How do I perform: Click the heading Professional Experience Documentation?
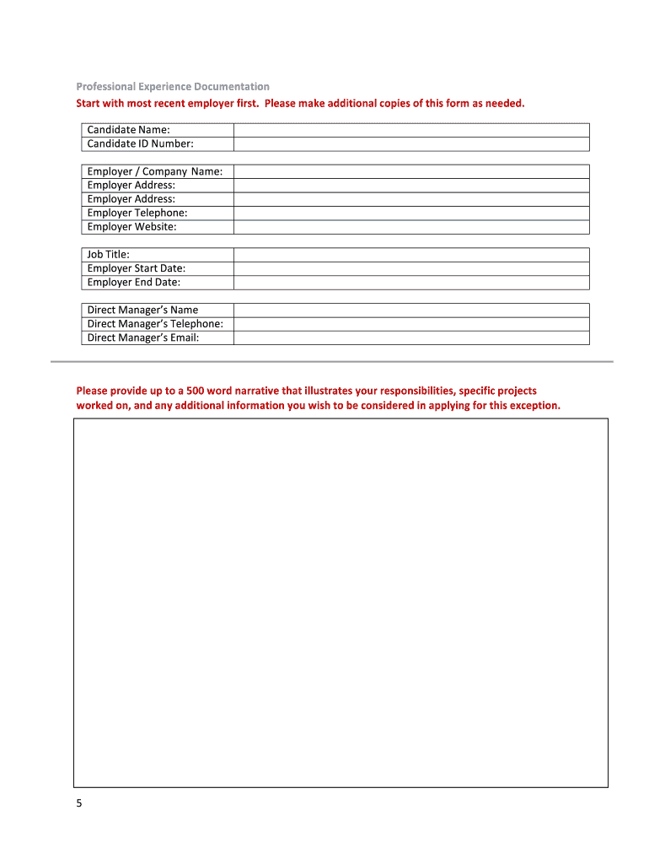tap(173, 87)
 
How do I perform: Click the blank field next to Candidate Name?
tap(411, 130)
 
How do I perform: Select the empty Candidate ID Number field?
tap(411, 144)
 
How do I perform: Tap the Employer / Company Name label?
tap(155, 171)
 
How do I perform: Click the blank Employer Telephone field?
tap(411, 213)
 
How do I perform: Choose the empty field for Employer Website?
tap(411, 227)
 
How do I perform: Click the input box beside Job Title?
tap(411, 255)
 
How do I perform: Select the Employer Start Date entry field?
tap(411, 268)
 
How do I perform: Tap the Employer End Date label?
tap(134, 283)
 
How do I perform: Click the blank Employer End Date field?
tap(411, 283)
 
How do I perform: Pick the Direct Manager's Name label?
tap(143, 310)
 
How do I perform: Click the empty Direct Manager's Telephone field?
tap(411, 324)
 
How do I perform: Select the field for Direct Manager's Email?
tap(411, 337)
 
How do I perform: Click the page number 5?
tap(79, 804)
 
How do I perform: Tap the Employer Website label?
tap(132, 227)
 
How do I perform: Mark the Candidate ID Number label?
tap(141, 144)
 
